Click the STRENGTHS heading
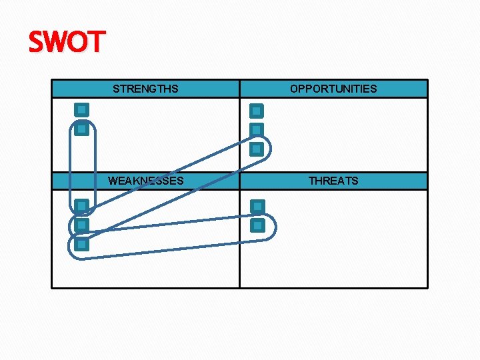145,89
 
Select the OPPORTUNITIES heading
333,89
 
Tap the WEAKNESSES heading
145,181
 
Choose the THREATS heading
333,181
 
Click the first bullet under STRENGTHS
81,109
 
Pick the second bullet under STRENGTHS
81,129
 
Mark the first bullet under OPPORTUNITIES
257,111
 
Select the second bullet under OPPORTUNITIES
257,129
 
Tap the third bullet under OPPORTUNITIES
257,149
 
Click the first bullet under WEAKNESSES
81,206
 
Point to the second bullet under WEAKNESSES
81,225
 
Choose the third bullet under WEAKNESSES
81,245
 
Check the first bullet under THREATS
257,207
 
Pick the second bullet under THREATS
257,225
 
